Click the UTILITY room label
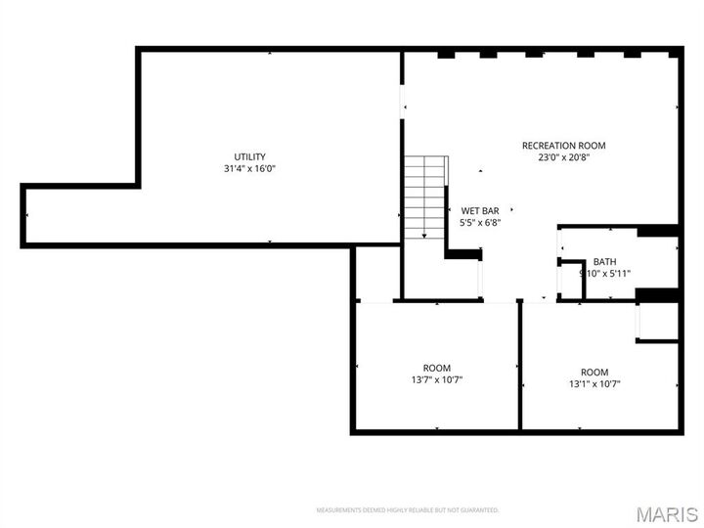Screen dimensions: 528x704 [x=249, y=156]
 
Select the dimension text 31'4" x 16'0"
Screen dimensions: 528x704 [x=249, y=169]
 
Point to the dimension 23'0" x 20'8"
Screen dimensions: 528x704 [x=563, y=156]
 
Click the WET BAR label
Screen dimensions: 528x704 [x=480, y=210]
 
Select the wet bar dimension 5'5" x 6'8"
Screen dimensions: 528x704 [x=480, y=222]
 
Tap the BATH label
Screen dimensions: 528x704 [x=604, y=261]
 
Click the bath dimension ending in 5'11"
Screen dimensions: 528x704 [x=605, y=274]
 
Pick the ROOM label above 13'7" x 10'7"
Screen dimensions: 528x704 [x=437, y=368]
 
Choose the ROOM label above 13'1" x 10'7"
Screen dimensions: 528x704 [x=594, y=372]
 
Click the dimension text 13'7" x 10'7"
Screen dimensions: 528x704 [x=437, y=379]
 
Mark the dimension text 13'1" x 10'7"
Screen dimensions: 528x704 [x=594, y=384]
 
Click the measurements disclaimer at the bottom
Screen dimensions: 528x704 [x=407, y=510]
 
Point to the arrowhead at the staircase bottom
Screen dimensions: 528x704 [x=423, y=236]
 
